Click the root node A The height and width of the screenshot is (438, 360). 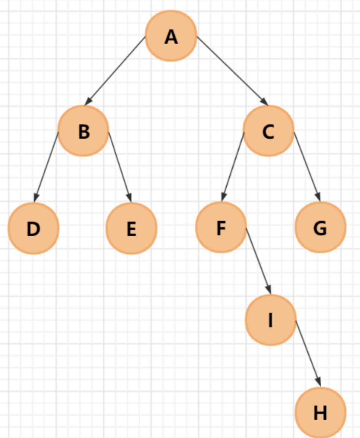coord(171,36)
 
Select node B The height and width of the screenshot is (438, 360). coord(84,131)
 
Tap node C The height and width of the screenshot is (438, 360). coord(268,131)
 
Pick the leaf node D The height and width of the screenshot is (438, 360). coord(34,228)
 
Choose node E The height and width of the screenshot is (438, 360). coord(131,228)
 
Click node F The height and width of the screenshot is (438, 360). coord(221,227)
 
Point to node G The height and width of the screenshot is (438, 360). coord(320,227)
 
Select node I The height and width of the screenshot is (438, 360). coord(270,320)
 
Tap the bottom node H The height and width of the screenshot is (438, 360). coord(320,413)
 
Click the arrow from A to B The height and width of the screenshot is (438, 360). coord(115,71)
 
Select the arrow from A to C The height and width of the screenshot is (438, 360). coord(232,71)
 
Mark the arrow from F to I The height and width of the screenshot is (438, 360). coord(258,260)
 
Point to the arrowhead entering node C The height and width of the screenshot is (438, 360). coord(264,101)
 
